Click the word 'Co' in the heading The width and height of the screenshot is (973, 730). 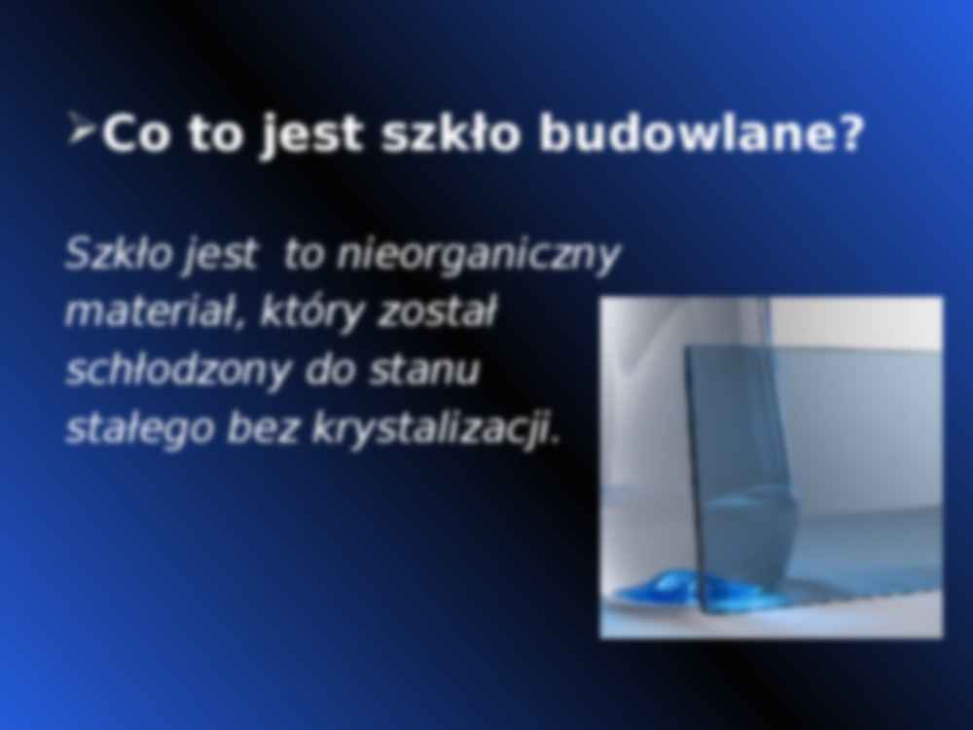pyautogui.click(x=137, y=135)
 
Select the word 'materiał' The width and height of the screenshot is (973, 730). pyautogui.click(x=132, y=314)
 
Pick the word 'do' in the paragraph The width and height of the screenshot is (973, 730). pyautogui.click(x=330, y=373)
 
